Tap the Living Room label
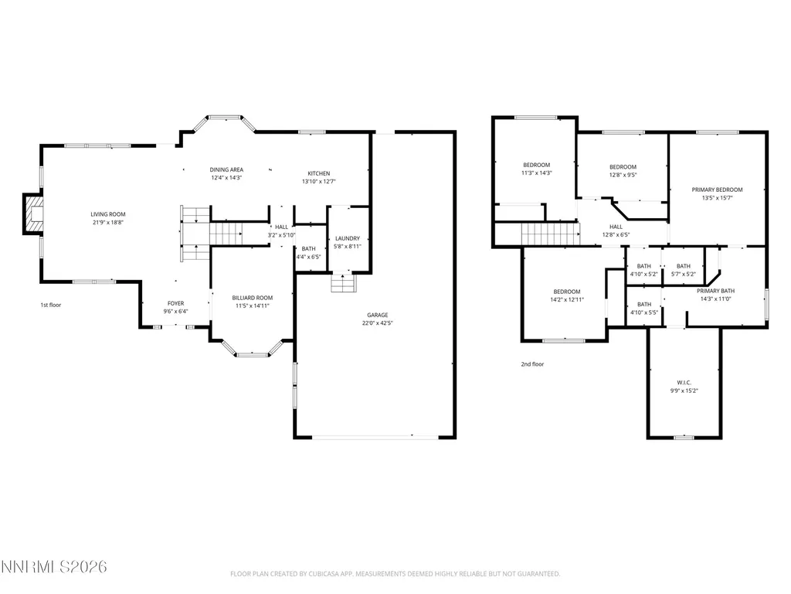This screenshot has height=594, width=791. [108, 214]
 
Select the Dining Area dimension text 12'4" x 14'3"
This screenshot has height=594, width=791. [226, 178]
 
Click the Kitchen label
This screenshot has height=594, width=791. [319, 173]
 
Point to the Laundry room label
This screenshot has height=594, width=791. [348, 238]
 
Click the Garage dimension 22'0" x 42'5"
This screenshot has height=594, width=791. [377, 323]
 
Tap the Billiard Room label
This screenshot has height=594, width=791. [253, 298]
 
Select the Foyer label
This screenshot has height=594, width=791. [175, 303]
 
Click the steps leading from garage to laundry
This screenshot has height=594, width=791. [344, 283]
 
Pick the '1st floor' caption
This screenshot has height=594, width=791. [51, 305]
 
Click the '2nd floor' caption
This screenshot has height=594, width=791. [533, 364]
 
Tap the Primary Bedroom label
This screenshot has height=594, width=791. [717, 190]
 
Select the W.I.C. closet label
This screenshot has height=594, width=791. [684, 382]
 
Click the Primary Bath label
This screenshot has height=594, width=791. [716, 291]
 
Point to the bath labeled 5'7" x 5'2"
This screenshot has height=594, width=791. [684, 270]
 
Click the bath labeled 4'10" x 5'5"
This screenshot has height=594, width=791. [644, 308]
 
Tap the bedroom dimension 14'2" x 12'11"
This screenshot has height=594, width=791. [567, 299]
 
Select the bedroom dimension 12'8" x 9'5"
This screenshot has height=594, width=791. [623, 176]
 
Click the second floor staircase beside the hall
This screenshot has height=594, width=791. [550, 234]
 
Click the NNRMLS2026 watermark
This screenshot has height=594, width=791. [54, 567]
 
